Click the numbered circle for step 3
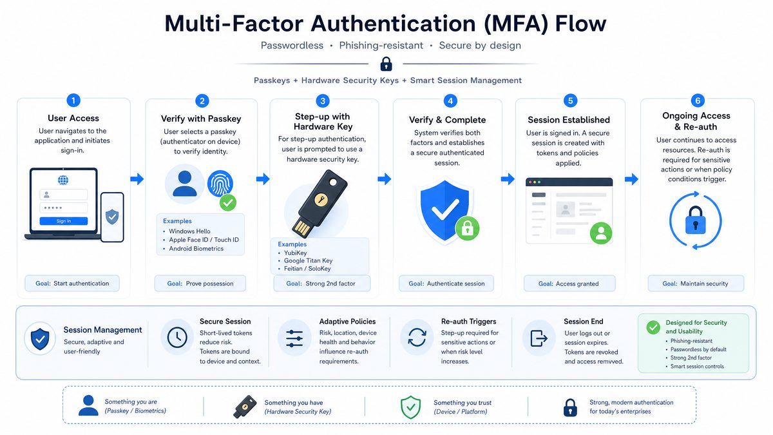point(323,101)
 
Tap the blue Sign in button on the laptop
point(64,221)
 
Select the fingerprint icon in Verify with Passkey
point(220,183)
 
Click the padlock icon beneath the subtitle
point(386,64)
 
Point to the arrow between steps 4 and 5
point(508,179)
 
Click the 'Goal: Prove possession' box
point(200,284)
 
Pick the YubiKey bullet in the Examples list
point(295,253)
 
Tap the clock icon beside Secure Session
point(177,337)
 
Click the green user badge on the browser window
point(601,233)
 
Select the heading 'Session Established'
point(569,120)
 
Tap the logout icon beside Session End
point(539,338)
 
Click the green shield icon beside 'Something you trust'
point(410,407)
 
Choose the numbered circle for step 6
point(698,101)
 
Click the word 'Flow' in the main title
point(580,23)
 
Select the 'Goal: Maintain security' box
point(696,284)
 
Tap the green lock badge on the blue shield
point(467,228)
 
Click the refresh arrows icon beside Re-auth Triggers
point(417,337)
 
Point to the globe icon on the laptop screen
point(63,180)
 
